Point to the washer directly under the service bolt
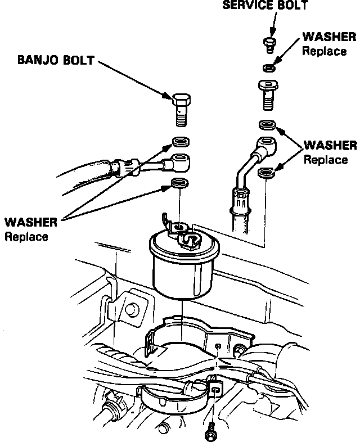tap(269, 68)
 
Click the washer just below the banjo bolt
tap(181, 141)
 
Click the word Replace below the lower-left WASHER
tap(27, 236)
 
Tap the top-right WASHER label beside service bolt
tap(329, 37)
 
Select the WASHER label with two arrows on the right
tap(330, 146)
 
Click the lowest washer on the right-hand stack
tap(266, 173)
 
